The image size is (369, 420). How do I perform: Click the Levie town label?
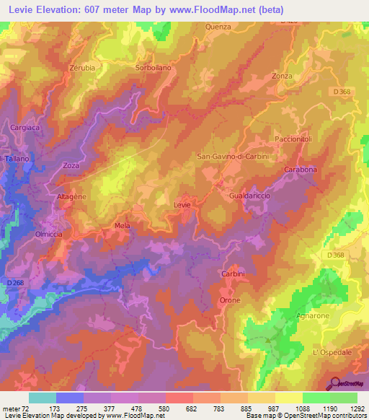[182, 205]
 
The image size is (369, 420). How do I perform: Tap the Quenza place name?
[218, 27]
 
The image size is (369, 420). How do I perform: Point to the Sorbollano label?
[153, 67]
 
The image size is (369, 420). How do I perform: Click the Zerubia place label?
[81, 67]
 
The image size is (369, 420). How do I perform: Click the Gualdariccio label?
[249, 196]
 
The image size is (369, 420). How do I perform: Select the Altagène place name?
[71, 196]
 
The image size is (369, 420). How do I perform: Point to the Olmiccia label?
[50, 234]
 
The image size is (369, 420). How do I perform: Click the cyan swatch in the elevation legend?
[43, 398]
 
